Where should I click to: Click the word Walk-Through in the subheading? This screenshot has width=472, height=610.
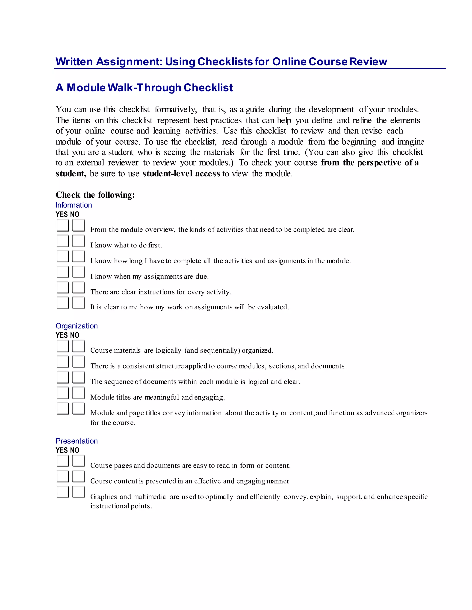click(x=144, y=88)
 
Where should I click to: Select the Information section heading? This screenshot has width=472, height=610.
click(x=74, y=205)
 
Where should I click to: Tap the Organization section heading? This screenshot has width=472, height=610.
click(x=77, y=326)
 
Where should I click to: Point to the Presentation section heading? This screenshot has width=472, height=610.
click(x=77, y=441)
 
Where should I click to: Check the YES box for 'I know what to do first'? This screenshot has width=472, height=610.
click(x=63, y=241)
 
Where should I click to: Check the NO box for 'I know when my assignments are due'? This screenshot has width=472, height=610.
click(x=78, y=272)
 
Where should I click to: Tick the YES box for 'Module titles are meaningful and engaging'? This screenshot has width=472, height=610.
click(x=63, y=393)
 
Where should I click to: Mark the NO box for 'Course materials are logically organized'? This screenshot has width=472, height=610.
click(x=78, y=346)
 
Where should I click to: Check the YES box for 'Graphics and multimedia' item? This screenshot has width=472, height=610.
click(x=63, y=492)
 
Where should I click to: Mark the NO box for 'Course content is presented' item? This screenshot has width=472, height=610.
click(x=78, y=476)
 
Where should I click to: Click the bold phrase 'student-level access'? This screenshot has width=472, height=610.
click(x=181, y=174)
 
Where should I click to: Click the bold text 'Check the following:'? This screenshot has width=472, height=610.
click(x=95, y=195)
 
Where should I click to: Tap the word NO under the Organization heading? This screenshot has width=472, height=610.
click(x=75, y=335)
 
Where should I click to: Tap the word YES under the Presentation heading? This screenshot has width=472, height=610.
click(x=62, y=450)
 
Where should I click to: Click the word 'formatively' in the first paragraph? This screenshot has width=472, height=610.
click(x=176, y=110)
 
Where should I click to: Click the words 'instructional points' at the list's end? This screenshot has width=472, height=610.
click(x=121, y=506)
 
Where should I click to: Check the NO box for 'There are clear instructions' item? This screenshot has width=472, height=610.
click(x=78, y=288)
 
